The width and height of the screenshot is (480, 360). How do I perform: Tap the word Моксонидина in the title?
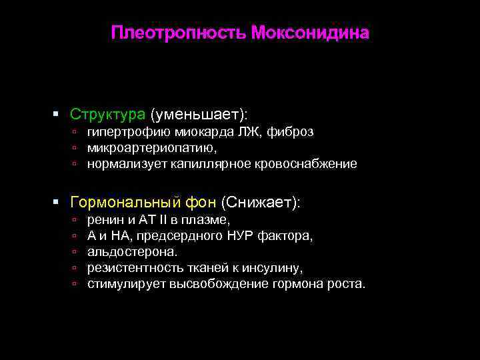pyautogui.click(x=310, y=33)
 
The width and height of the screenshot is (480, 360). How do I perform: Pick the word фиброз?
pyautogui.click(x=290, y=132)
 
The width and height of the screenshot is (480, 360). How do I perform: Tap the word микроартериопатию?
pyautogui.click(x=151, y=147)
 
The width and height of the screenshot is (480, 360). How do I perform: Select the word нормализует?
pyautogui.click(x=124, y=163)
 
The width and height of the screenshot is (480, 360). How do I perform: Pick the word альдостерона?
pyautogui.click(x=132, y=252)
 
